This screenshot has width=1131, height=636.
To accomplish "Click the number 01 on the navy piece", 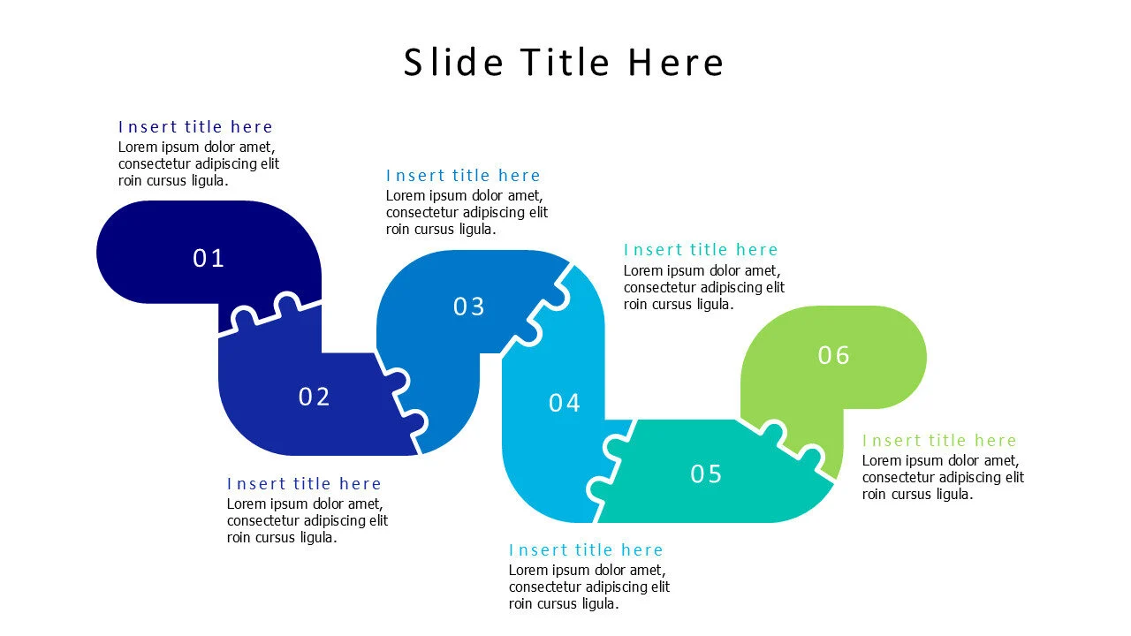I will [x=209, y=259].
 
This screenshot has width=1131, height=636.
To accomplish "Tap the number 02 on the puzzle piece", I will [x=314, y=397].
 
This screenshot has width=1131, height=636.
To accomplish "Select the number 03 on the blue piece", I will [x=469, y=307].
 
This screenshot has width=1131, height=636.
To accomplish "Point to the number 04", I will [x=565, y=404].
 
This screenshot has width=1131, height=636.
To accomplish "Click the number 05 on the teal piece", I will [x=706, y=474].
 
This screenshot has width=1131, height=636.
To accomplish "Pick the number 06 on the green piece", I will [x=833, y=356].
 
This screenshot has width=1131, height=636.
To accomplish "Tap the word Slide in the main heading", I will [x=454, y=63].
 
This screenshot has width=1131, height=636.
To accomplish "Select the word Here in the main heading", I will [x=676, y=63].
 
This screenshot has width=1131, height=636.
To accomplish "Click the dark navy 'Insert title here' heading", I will [x=195, y=127].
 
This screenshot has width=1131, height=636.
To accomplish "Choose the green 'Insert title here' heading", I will [x=939, y=441].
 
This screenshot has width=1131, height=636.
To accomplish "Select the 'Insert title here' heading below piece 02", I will [x=304, y=484].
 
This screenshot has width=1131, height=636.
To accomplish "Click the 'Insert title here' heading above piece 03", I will [x=463, y=176].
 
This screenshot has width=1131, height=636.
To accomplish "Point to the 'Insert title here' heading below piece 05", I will [x=586, y=550].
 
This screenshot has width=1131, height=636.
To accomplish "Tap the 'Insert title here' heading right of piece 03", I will [x=701, y=250].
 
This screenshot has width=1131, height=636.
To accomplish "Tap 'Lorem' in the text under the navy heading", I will [x=137, y=148].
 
